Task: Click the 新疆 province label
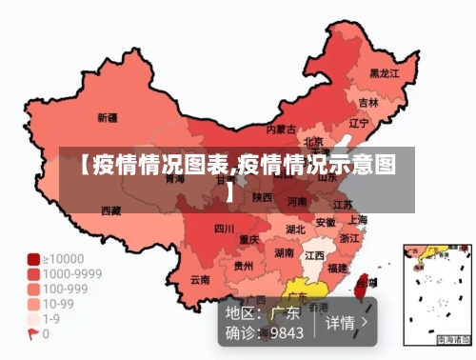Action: tap(108, 119)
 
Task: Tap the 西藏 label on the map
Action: tap(110, 210)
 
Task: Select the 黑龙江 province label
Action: tap(384, 72)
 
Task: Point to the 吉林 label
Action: tap(367, 102)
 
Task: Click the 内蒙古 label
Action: tap(280, 129)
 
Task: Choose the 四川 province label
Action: tap(224, 229)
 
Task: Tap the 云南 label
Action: tap(200, 280)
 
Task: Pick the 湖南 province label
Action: tap(284, 253)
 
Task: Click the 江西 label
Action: tap(314, 256)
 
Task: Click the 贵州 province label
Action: tap(244, 267)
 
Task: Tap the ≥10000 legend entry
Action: tap(59, 258)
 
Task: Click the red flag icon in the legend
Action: tap(32, 334)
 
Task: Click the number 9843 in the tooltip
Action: tap(287, 333)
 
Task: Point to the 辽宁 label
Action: tap(359, 123)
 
